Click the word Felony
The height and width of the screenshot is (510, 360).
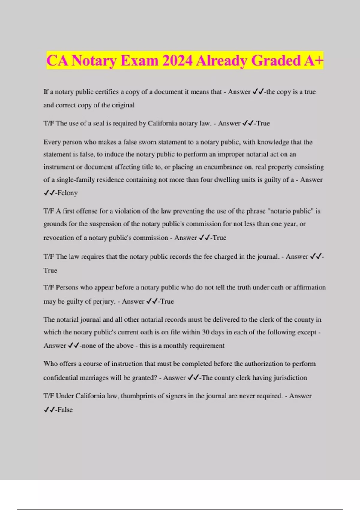pyautogui.click(x=67, y=193)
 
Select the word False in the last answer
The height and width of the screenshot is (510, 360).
pyautogui.click(x=65, y=410)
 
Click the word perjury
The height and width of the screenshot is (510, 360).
pyautogui.click(x=103, y=301)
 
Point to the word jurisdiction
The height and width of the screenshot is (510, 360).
pyautogui.click(x=290, y=378)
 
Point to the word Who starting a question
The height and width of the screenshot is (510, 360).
pyautogui.click(x=50, y=364)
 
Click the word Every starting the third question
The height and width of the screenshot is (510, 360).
pyautogui.click(x=52, y=142)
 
